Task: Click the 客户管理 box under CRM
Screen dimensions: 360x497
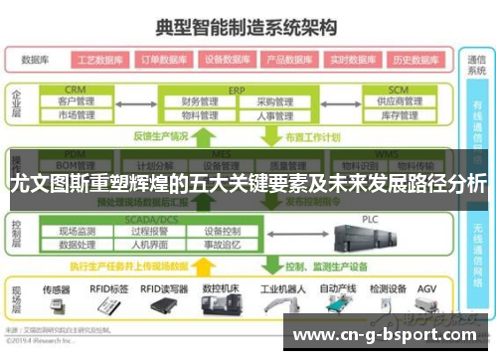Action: (x=76, y=101)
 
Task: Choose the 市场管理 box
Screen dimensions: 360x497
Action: (x=76, y=115)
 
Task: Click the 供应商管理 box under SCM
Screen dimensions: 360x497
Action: (x=395, y=101)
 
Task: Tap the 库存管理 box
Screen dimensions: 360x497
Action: (x=395, y=115)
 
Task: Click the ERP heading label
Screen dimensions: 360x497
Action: (x=237, y=89)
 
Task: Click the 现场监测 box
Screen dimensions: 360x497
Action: (x=77, y=231)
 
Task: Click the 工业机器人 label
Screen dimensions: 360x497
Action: (x=280, y=288)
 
